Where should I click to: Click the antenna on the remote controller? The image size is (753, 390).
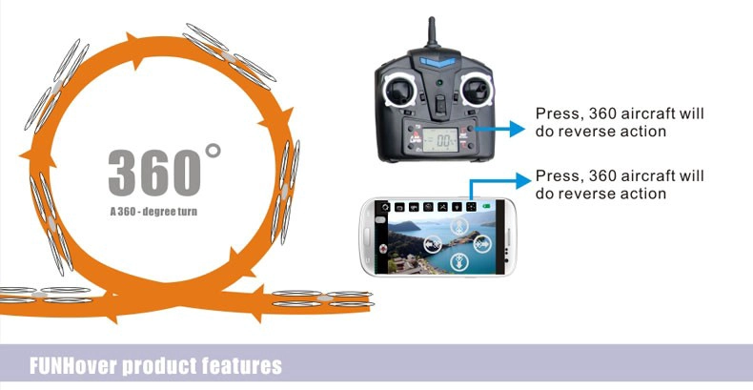pyautogui.click(x=432, y=32)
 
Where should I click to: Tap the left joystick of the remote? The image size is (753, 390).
pyautogui.click(x=399, y=91)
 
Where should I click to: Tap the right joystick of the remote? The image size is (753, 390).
pyautogui.click(x=476, y=90)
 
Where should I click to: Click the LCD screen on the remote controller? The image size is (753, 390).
pyautogui.click(x=440, y=140)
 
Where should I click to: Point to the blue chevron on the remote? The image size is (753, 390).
pyautogui.click(x=438, y=62)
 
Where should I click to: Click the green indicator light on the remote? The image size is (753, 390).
pyautogui.click(x=438, y=83)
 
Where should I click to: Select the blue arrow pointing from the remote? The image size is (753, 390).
pyautogui.click(x=499, y=129)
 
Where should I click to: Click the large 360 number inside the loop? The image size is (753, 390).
pyautogui.click(x=154, y=172)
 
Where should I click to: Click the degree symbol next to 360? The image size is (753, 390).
pyautogui.click(x=213, y=151)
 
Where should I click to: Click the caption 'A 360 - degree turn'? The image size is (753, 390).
pyautogui.click(x=153, y=212)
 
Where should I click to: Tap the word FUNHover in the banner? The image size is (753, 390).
pyautogui.click(x=73, y=366)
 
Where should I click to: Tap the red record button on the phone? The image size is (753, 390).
pyautogui.click(x=383, y=249)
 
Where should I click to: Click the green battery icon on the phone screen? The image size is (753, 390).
pyautogui.click(x=486, y=207)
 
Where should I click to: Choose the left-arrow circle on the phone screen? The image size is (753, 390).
pyautogui.click(x=433, y=244)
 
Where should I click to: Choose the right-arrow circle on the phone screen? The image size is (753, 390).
pyautogui.click(x=482, y=244)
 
